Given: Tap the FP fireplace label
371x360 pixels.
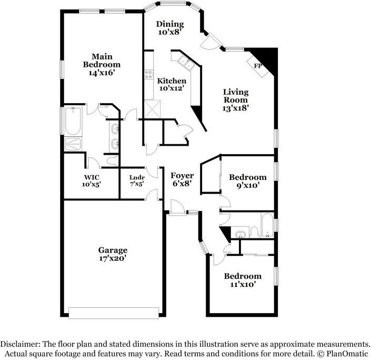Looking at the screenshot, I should pyautogui.click(x=258, y=66).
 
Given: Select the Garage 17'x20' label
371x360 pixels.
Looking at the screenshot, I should pyautogui.click(x=113, y=254).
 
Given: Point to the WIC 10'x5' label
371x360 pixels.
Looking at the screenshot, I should pyautogui.click(x=92, y=181).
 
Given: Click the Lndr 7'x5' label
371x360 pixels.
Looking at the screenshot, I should pyautogui.click(x=137, y=181).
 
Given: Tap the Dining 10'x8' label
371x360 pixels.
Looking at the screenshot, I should pyautogui.click(x=169, y=28).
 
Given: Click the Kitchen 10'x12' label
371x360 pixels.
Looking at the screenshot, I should pyautogui.click(x=172, y=85).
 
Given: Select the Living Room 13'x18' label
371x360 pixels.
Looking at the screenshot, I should pyautogui.click(x=235, y=99).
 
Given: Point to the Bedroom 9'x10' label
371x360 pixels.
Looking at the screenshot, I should pyautogui.click(x=247, y=181).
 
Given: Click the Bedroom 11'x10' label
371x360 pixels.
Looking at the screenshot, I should pyautogui.click(x=242, y=280).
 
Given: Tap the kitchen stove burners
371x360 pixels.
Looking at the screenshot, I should pyautogui.click(x=149, y=75).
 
